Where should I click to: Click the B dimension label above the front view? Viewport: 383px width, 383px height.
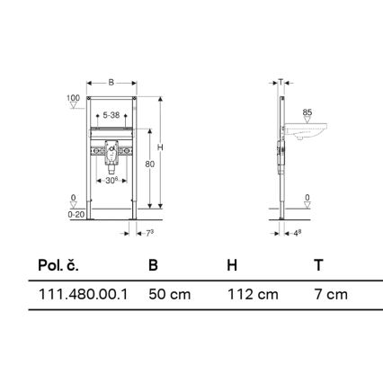(111, 82)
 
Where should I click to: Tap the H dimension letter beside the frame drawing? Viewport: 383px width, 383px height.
(160, 147)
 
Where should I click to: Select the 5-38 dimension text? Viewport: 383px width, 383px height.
(112, 114)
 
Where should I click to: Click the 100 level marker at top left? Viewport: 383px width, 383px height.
(73, 97)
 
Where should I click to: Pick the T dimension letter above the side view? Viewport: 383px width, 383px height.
(281, 81)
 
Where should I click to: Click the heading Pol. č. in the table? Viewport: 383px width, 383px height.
(58, 266)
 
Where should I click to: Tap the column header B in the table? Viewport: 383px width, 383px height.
(153, 266)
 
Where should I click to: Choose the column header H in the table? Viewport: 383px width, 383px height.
(232, 266)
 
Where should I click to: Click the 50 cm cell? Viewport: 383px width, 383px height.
(169, 294)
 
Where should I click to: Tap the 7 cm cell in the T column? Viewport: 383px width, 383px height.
(330, 294)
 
